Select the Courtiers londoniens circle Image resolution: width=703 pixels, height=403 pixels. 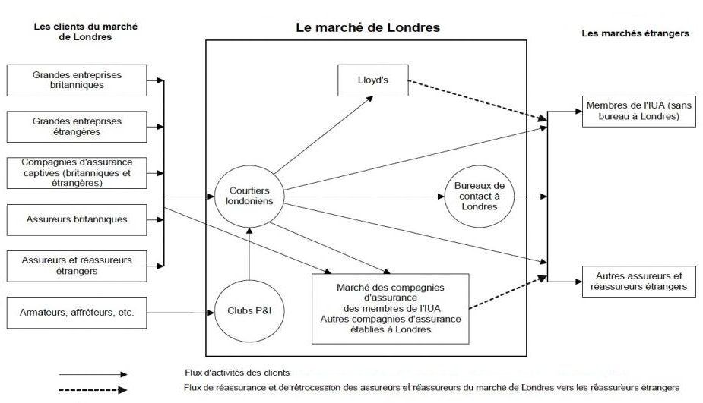249,195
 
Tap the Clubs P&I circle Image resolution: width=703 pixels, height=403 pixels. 249,310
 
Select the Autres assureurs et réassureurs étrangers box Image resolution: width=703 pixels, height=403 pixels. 637,281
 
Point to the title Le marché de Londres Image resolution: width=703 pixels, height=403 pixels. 368,27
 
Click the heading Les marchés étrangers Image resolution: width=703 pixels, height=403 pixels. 635,33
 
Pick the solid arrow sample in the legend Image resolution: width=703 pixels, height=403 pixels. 93,374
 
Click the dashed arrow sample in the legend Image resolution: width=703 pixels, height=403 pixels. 93,390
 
